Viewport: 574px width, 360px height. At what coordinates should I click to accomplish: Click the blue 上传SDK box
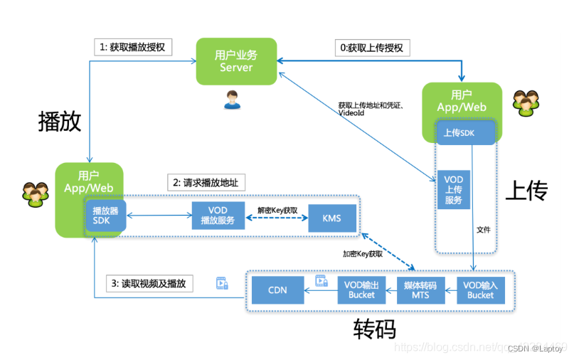tap(464, 132)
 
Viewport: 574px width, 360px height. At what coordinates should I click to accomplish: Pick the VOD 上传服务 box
tap(453, 189)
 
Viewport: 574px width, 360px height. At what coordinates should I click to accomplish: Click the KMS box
tap(331, 218)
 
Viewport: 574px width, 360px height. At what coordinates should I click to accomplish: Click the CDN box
tap(277, 290)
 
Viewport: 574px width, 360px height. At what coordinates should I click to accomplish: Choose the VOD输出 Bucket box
tap(361, 290)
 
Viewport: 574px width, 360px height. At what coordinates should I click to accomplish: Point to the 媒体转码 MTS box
tap(420, 290)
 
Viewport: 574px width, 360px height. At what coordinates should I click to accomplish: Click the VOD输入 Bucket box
tap(480, 290)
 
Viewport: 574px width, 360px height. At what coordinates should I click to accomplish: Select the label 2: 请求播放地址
tap(206, 183)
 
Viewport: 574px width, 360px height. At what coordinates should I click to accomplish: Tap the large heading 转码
tap(374, 329)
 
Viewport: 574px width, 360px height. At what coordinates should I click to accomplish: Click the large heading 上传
tap(526, 191)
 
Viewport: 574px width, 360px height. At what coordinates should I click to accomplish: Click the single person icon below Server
tap(232, 100)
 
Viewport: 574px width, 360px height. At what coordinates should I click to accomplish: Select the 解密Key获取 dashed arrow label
tap(277, 211)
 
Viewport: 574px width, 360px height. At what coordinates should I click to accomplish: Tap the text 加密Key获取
tap(363, 253)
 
